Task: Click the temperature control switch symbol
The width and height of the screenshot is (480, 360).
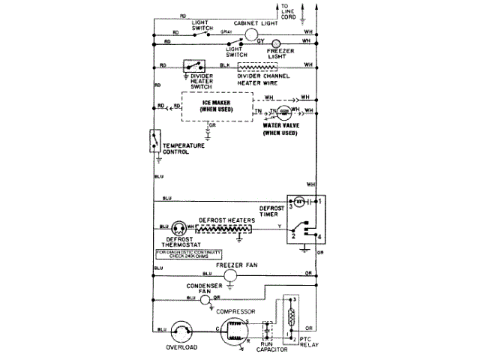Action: point(155,139)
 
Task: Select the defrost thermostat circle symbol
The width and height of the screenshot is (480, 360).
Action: point(180,227)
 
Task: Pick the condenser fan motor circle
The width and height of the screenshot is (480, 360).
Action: point(204,298)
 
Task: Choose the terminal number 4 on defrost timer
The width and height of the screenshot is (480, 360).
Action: point(319,238)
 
